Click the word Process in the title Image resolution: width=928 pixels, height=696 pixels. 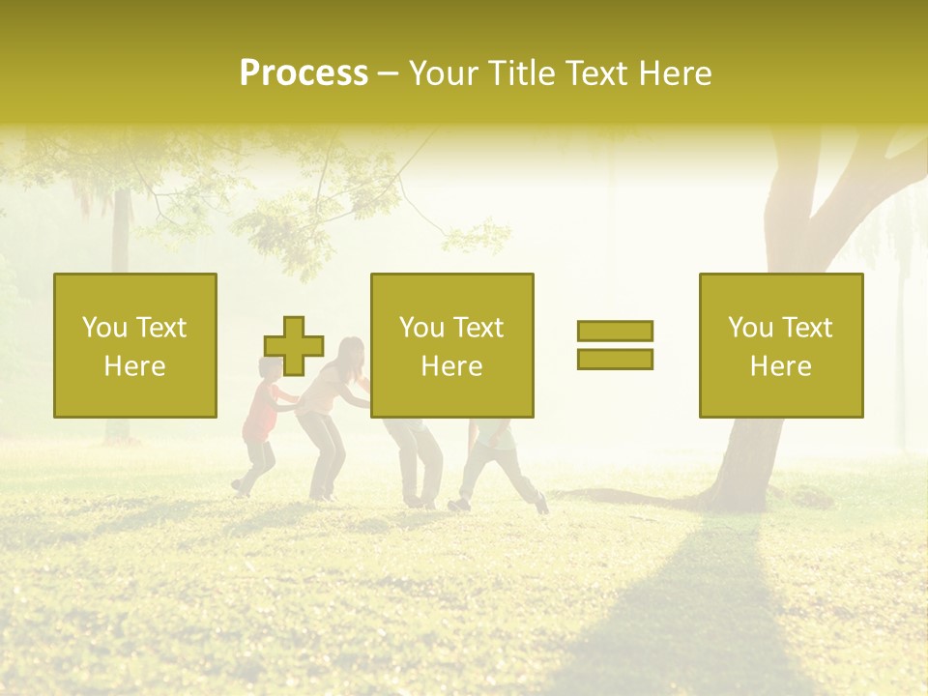click(304, 73)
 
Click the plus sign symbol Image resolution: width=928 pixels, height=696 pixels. click(294, 345)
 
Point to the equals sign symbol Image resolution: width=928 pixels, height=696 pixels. click(615, 345)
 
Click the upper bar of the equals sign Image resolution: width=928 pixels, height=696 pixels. click(615, 332)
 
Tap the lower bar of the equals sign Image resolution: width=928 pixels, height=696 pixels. click(615, 359)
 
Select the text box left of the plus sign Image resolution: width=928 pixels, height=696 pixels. click(135, 345)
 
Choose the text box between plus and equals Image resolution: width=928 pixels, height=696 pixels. click(451, 345)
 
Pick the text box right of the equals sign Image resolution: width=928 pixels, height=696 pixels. click(780, 345)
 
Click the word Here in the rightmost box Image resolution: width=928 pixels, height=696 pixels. click(780, 366)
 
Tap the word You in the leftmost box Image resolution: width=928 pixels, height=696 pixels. click(103, 328)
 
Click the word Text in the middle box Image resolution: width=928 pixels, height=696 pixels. click(478, 328)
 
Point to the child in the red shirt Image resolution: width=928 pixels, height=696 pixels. click(261, 425)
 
